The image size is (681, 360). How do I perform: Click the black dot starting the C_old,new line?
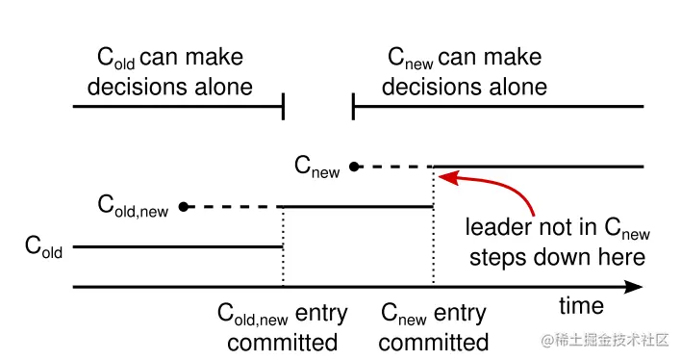point(184,206)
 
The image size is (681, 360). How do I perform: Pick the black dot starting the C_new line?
point(354,167)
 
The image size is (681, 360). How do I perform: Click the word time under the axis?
point(581,306)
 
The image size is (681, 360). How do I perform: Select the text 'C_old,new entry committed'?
point(283,327)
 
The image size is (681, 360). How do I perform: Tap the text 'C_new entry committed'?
point(434,327)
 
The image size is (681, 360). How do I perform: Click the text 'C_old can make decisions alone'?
point(170,72)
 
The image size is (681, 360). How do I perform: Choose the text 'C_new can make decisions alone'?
point(465,72)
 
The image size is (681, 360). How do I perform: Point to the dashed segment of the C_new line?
point(394,167)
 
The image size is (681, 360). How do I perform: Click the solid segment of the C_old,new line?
point(356,206)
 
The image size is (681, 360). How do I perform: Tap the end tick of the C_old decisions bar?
point(283,107)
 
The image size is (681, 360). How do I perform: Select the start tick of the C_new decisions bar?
point(353,107)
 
